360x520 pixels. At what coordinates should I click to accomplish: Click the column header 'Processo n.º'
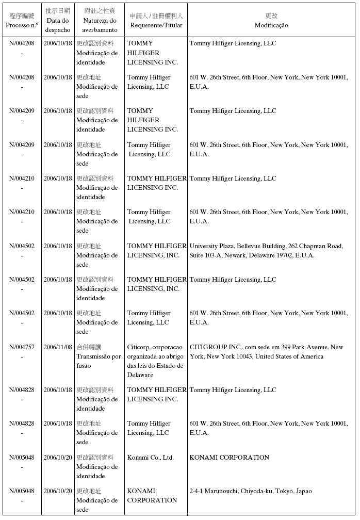(x=22, y=25)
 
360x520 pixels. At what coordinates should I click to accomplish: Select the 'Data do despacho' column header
(x=57, y=25)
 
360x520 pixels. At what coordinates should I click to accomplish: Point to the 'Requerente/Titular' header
(x=156, y=25)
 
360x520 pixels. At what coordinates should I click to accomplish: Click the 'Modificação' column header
(x=271, y=25)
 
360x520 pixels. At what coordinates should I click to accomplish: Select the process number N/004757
(x=22, y=347)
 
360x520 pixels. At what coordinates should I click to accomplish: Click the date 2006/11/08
(x=58, y=347)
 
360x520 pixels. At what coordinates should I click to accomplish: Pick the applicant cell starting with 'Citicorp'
(x=155, y=361)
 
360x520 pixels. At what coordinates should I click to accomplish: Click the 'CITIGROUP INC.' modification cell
(x=266, y=352)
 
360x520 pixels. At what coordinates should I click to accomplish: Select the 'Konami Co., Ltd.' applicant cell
(x=151, y=458)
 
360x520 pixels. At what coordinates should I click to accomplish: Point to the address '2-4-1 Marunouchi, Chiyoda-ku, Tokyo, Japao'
(x=251, y=491)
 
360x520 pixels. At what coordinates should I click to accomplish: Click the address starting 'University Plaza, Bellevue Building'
(x=266, y=251)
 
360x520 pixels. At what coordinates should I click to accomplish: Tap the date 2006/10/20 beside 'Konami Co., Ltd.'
(x=58, y=458)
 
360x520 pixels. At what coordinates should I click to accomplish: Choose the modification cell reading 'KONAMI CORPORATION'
(x=230, y=458)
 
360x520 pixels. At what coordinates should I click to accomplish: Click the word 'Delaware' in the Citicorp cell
(x=140, y=376)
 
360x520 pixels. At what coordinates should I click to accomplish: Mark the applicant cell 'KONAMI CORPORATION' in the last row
(x=152, y=496)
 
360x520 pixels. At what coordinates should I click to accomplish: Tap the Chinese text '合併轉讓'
(x=89, y=347)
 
